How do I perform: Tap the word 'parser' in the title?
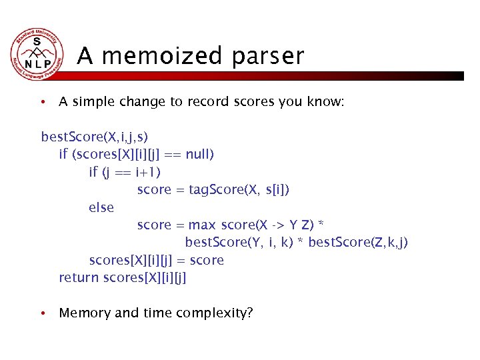268,56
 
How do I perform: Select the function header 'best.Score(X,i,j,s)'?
94,137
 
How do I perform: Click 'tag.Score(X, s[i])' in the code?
239,190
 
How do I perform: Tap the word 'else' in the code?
101,207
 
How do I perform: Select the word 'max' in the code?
202,225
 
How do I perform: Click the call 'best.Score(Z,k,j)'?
358,243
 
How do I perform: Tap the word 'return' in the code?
79,277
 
